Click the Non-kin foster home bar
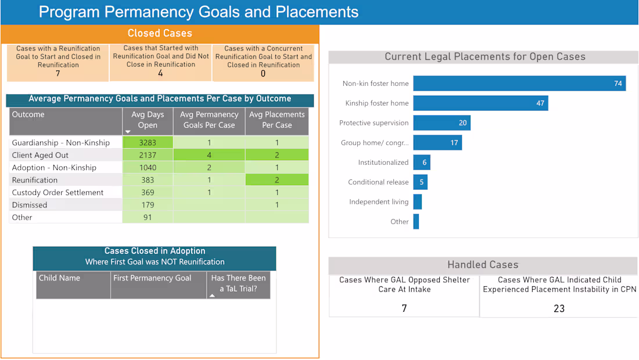pyautogui.click(x=519, y=83)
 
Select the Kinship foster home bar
pyautogui.click(x=480, y=103)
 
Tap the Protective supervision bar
pyautogui.click(x=441, y=123)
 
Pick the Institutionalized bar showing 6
pyautogui.click(x=421, y=163)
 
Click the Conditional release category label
pyautogui.click(x=378, y=182)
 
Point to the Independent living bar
pyautogui.click(x=417, y=202)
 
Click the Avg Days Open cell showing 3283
pyautogui.click(x=148, y=142)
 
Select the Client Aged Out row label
pyautogui.click(x=40, y=155)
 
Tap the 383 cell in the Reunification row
pyautogui.click(x=148, y=180)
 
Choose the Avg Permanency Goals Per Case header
pyautogui.click(x=209, y=120)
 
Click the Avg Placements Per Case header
pyautogui.click(x=277, y=120)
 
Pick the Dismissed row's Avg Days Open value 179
pyautogui.click(x=148, y=205)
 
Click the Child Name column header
pyautogui.click(x=59, y=278)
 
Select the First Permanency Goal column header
pyautogui.click(x=152, y=278)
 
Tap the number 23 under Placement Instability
pyautogui.click(x=559, y=308)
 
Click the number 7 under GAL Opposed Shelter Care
pyautogui.click(x=404, y=308)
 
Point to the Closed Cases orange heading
pyautogui.click(x=160, y=34)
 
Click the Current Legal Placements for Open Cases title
pyautogui.click(x=484, y=57)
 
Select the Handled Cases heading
pyautogui.click(x=482, y=265)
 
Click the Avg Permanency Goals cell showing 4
pyautogui.click(x=209, y=155)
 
